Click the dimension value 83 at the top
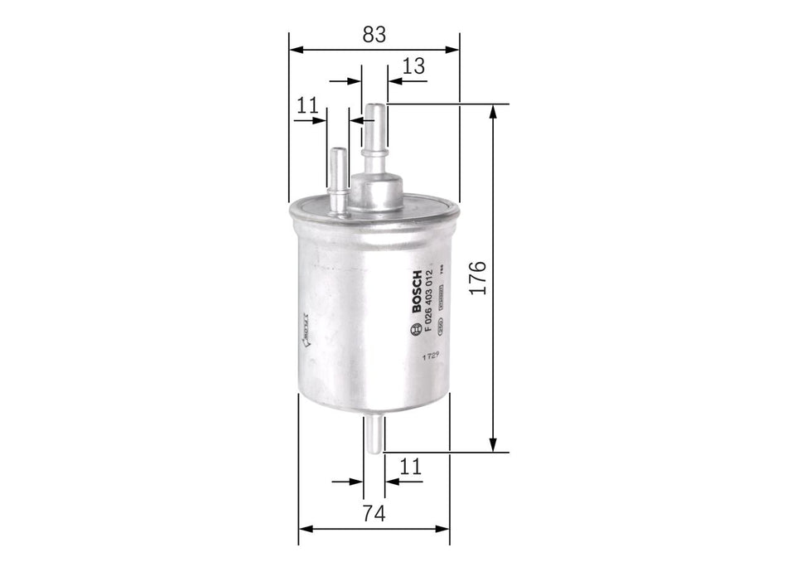click(374, 34)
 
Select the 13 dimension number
click(413, 66)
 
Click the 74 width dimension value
click(374, 514)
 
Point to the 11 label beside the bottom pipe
click(410, 467)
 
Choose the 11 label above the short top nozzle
click(307, 105)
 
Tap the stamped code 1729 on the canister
click(428, 356)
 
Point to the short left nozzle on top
click(338, 178)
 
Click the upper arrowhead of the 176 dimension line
click(495, 111)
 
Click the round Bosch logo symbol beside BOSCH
click(416, 332)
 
